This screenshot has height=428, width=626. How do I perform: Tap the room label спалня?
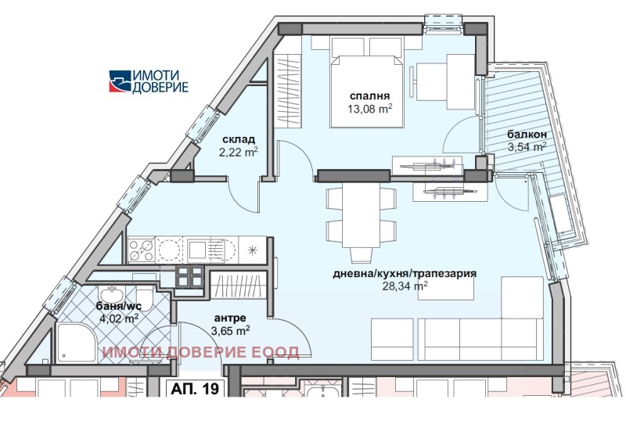point(370,95)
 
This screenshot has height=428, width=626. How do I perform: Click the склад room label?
point(238,139)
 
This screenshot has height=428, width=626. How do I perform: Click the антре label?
point(230,318)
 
